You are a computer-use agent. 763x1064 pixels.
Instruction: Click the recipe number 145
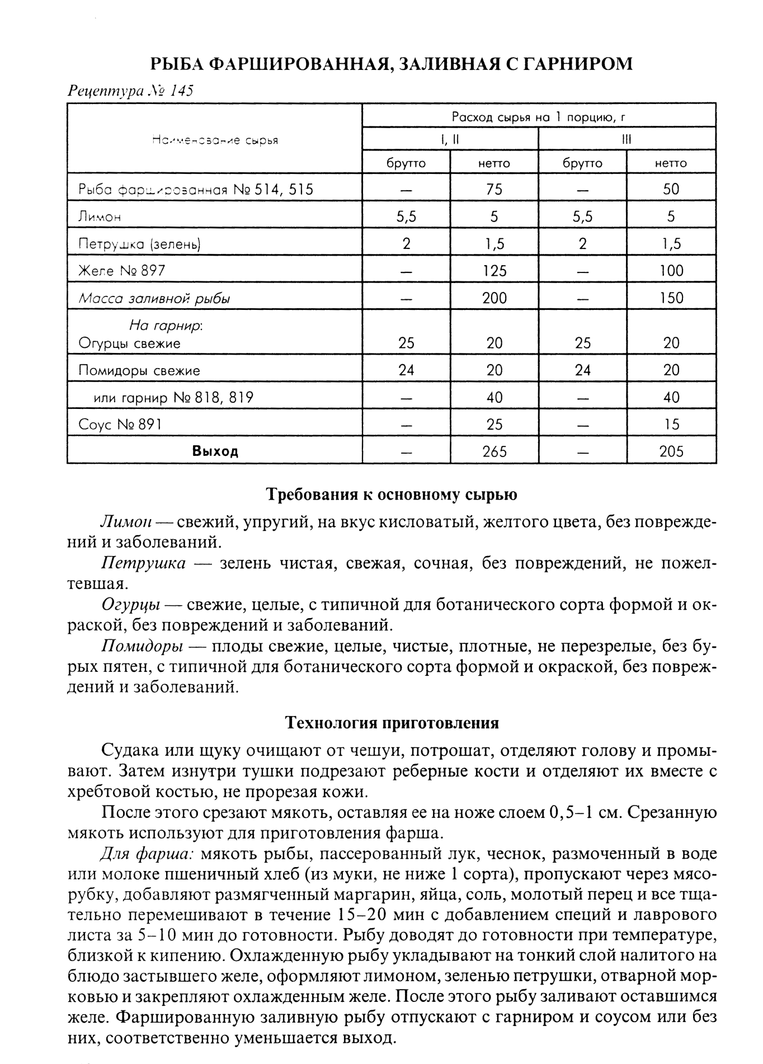pyautogui.click(x=181, y=91)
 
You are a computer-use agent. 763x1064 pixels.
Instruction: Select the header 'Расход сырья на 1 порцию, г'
pyautogui.click(x=538, y=117)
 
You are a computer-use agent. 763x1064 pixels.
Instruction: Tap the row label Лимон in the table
pyautogui.click(x=100, y=216)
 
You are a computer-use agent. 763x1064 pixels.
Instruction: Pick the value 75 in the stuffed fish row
pyautogui.click(x=494, y=189)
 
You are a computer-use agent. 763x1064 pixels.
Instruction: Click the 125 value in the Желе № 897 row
pyautogui.click(x=494, y=271)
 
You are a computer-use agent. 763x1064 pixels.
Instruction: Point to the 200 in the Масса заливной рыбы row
pyautogui.click(x=494, y=298)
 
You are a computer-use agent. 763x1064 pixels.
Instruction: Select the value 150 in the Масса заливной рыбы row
pyautogui.click(x=671, y=298)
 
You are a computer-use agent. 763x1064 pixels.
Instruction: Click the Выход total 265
pyautogui.click(x=494, y=451)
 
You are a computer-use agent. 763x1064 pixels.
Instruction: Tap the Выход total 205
pyautogui.click(x=671, y=451)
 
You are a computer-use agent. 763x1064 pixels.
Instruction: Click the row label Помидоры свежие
pyautogui.click(x=139, y=370)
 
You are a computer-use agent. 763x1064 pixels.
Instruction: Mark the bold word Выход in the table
pyautogui.click(x=215, y=451)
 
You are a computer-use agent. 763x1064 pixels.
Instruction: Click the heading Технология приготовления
pyautogui.click(x=392, y=723)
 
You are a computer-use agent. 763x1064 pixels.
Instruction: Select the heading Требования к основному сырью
pyautogui.click(x=391, y=495)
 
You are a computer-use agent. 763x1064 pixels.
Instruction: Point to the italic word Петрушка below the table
pyautogui.click(x=143, y=563)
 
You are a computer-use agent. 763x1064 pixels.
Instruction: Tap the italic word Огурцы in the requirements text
pyautogui.click(x=131, y=605)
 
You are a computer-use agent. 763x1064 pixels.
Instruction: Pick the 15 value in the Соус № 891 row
pyautogui.click(x=671, y=425)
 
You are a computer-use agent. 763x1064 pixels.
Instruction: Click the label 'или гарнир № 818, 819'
pyautogui.click(x=173, y=398)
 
